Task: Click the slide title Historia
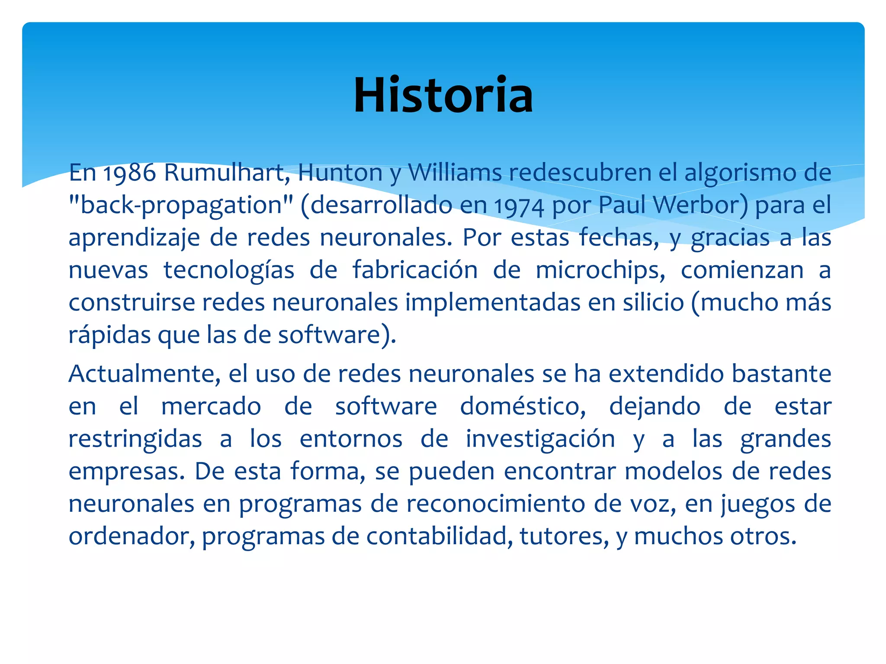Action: (443, 95)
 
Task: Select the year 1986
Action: (129, 173)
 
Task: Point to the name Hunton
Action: (340, 173)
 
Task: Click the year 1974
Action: (519, 206)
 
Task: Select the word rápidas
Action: (109, 335)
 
